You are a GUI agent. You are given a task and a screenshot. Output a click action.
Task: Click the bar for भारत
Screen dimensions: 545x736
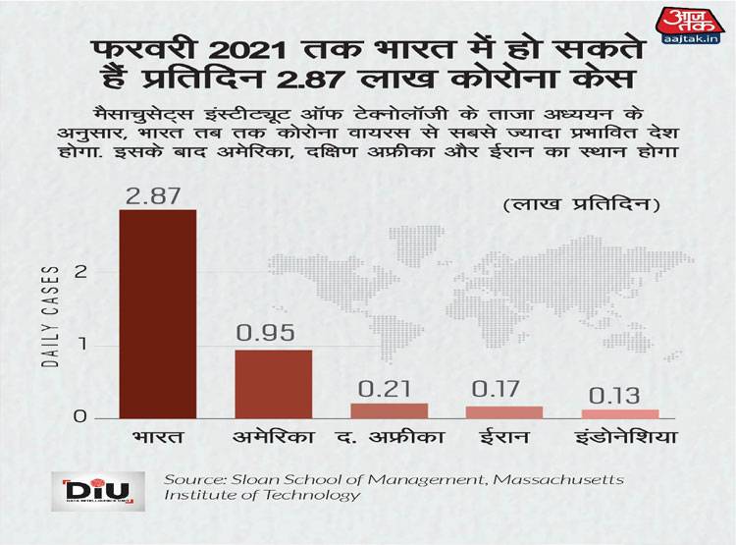(x=157, y=313)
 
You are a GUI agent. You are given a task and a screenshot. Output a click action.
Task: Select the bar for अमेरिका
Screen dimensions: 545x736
(x=273, y=384)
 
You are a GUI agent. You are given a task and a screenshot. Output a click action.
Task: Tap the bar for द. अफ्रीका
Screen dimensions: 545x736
(x=389, y=410)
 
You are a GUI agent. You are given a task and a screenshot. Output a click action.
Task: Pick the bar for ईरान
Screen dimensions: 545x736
(x=504, y=412)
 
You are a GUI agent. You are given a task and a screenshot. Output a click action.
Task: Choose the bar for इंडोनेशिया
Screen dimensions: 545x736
(x=620, y=413)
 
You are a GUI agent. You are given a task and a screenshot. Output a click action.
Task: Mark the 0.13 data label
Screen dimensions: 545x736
(x=616, y=395)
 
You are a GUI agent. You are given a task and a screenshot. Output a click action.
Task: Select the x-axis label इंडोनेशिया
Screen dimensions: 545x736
(x=620, y=436)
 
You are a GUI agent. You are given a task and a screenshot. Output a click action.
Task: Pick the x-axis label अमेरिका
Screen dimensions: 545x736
(x=274, y=436)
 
